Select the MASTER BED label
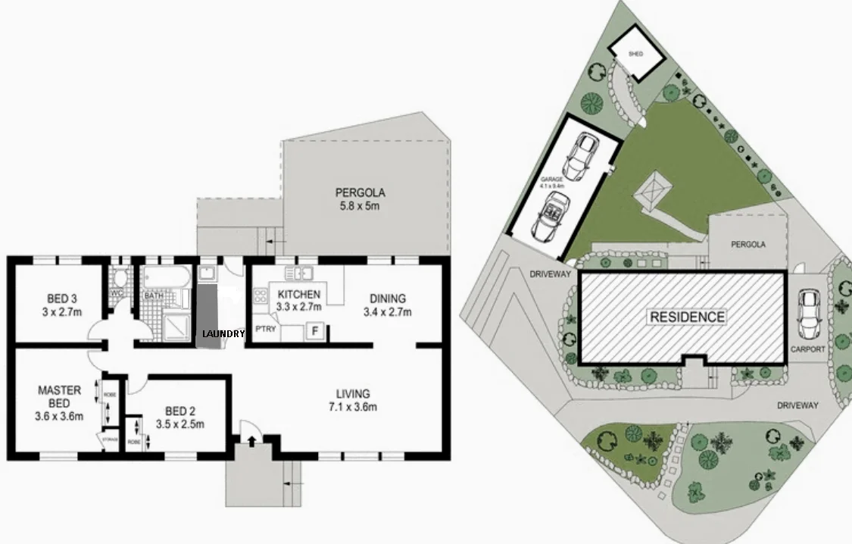60,402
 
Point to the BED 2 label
179,417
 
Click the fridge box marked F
315,330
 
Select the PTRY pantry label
265,330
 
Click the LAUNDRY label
223,334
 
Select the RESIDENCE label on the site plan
686,317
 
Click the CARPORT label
808,350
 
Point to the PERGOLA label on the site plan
748,245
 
